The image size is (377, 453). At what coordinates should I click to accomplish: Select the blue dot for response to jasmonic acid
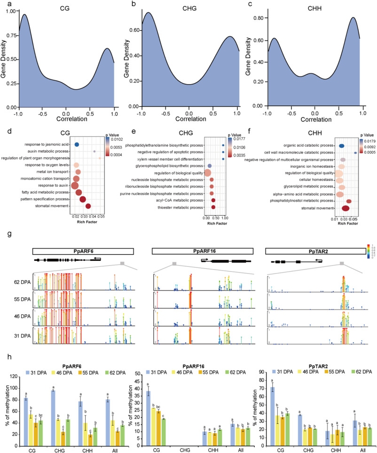[x=77, y=145]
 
